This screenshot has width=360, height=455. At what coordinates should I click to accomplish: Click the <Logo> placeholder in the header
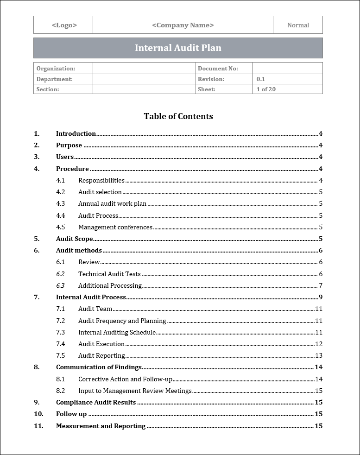coord(64,25)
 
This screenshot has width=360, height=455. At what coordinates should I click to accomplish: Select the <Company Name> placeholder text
coord(183,25)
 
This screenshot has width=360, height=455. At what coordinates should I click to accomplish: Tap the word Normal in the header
coord(298,25)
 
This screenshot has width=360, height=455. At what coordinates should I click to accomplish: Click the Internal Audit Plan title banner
coord(178,48)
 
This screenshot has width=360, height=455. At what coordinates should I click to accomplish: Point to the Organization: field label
coord(56,69)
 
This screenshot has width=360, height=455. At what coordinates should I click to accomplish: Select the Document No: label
coord(218,69)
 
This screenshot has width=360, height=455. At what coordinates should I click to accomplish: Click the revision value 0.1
coord(261,79)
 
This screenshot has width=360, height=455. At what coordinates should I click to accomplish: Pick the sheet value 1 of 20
coord(266,89)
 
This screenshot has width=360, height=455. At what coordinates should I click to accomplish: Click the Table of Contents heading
coord(178,116)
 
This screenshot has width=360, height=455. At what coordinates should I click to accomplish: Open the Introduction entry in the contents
coord(76,133)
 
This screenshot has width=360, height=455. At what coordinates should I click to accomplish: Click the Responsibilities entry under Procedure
coord(101,180)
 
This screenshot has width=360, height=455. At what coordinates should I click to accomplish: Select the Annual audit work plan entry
coord(112,203)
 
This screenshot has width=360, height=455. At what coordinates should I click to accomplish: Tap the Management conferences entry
coord(115,227)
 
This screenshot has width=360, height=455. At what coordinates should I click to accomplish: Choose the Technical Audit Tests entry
coord(109,274)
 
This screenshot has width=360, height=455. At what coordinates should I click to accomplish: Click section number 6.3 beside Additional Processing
coord(60,285)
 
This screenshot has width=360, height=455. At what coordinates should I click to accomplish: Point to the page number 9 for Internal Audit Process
coord(320,297)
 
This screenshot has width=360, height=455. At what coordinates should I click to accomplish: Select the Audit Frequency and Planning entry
coord(122,321)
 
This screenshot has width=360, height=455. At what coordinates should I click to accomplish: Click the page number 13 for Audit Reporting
coord(319,356)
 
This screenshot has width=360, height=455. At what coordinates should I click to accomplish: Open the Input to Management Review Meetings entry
coord(135,391)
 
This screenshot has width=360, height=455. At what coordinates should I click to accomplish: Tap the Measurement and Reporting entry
coord(101,426)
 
